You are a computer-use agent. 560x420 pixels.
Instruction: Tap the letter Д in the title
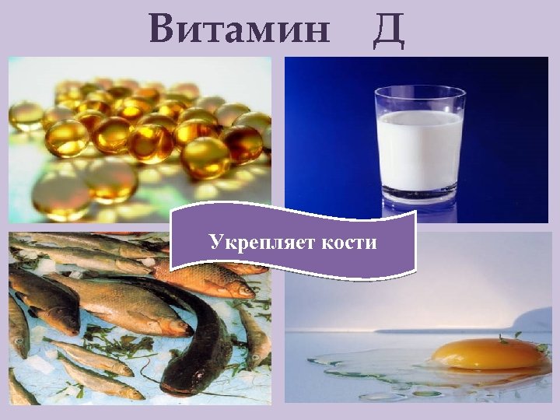(x=388, y=30)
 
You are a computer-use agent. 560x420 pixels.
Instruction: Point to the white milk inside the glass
(x=420, y=152)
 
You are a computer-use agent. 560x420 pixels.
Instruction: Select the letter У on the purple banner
(x=215, y=243)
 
